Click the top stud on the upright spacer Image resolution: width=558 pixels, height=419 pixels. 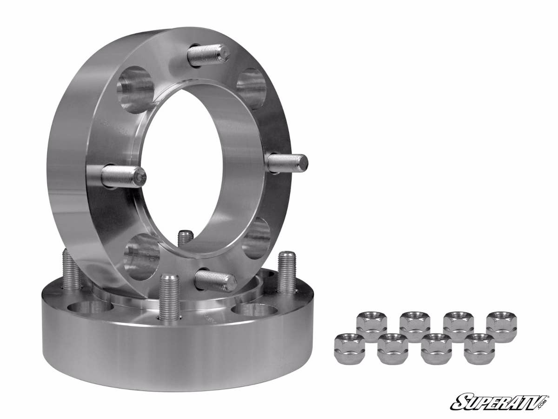click(x=208, y=55)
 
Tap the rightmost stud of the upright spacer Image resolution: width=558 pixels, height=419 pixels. click(x=287, y=163)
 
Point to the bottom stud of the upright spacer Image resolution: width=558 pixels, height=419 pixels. click(x=215, y=280)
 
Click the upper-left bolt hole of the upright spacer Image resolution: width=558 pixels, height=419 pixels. click(x=135, y=89)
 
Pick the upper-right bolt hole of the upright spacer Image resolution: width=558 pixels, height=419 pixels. click(x=252, y=88)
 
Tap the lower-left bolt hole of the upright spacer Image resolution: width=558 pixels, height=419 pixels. click(x=142, y=257)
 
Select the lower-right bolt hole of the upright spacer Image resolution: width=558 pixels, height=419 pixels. click(x=256, y=238)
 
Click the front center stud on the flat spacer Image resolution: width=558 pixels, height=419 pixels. click(x=169, y=297)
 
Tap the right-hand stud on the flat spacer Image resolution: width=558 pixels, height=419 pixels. click(x=286, y=272)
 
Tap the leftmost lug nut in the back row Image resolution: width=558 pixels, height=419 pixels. click(x=372, y=326)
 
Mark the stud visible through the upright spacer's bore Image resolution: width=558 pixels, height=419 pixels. click(x=186, y=238)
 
